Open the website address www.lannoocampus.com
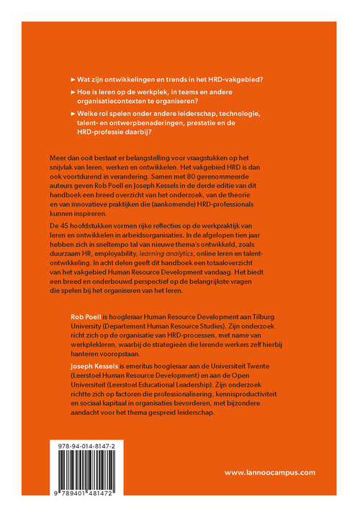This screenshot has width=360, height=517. point(271,473)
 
